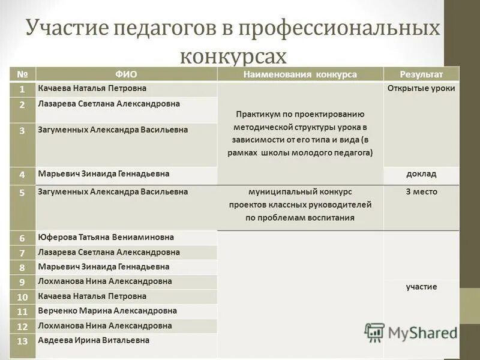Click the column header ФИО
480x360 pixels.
tap(126, 74)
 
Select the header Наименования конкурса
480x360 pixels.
tap(300, 74)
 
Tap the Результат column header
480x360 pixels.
tap(421, 74)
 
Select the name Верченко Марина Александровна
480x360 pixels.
tap(107, 311)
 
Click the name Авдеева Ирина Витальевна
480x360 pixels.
tap(93, 340)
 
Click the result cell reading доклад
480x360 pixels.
tap(421, 174)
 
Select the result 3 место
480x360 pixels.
tap(421, 192)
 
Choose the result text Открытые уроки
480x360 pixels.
tap(421, 88)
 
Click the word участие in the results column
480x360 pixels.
tap(421, 287)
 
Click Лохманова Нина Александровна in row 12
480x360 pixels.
tap(104, 326)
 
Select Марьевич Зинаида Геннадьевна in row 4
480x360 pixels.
tap(103, 174)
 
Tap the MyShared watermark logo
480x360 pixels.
tap(410, 332)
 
